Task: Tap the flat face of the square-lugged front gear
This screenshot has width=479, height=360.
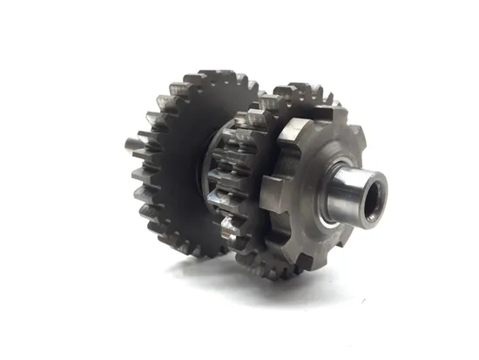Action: tap(300, 179)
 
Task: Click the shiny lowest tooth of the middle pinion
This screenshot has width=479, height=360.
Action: tap(229, 229)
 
